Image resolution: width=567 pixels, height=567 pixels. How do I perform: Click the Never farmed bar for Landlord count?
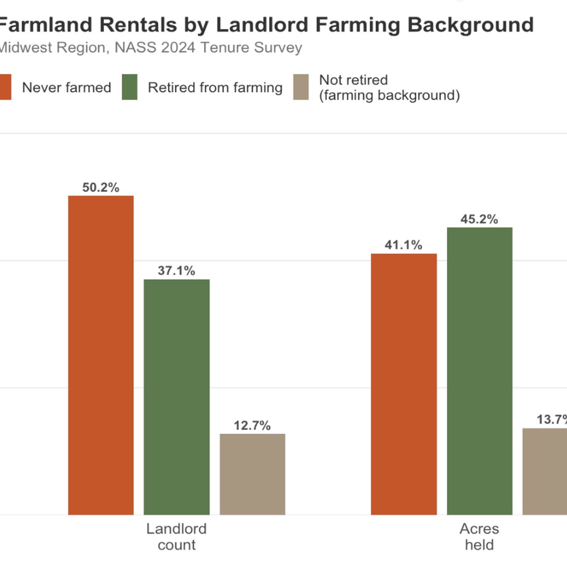pyautogui.click(x=101, y=355)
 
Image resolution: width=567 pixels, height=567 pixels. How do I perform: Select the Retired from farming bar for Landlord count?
pyautogui.click(x=176, y=397)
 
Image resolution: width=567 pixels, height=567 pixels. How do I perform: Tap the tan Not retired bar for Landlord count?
pyautogui.click(x=252, y=474)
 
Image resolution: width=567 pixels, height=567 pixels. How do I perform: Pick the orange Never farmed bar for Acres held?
pyautogui.click(x=404, y=384)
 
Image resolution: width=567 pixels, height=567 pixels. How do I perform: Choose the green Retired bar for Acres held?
pyautogui.click(x=480, y=371)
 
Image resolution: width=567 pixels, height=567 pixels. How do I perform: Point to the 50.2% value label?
pyautogui.click(x=101, y=187)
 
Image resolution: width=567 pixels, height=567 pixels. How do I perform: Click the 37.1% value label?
pyautogui.click(x=176, y=271)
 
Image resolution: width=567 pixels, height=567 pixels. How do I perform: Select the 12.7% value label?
pyautogui.click(x=252, y=425)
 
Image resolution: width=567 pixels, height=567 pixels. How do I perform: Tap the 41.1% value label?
pyautogui.click(x=403, y=245)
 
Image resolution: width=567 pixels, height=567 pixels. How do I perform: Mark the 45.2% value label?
pyautogui.click(x=479, y=219)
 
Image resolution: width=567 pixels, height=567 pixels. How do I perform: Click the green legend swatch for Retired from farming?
pyautogui.click(x=130, y=87)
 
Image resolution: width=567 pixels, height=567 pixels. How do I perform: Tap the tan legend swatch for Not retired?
pyautogui.click(x=301, y=87)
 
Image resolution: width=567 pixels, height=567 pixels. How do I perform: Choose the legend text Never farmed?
pyautogui.click(x=66, y=87)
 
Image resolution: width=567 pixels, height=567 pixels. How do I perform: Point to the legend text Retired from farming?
pyautogui.click(x=215, y=87)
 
